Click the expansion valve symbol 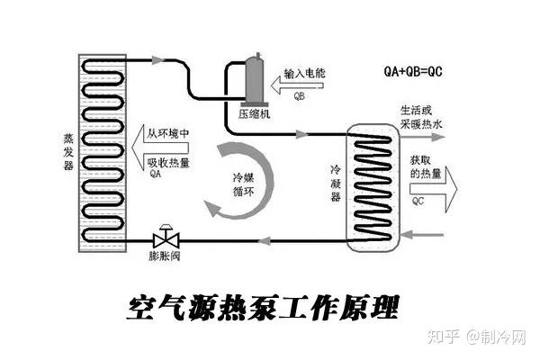tap(166, 237)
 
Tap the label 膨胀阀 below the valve tap(165, 256)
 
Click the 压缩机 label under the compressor tap(254, 114)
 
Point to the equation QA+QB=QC tap(413, 71)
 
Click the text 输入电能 tap(304, 73)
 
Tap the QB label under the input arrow tap(300, 96)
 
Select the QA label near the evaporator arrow tap(156, 174)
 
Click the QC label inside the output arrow tap(418, 201)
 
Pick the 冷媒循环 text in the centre tap(244, 184)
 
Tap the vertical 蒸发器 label tap(68, 152)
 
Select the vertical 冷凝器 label tap(336, 184)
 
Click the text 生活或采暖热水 tap(421, 118)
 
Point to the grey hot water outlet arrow tap(423, 137)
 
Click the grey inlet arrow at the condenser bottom tap(422, 235)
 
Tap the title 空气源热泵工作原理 tap(263, 308)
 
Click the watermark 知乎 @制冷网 tap(477, 336)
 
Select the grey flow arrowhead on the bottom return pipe tap(264, 240)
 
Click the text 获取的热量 tap(426, 166)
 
